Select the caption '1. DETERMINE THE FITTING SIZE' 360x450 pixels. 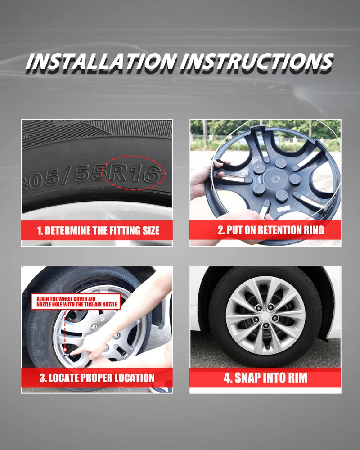tap(98, 231)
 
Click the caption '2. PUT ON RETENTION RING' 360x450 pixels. tap(271, 230)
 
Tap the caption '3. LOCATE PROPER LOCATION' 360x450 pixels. tap(97, 378)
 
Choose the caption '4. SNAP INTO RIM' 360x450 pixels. tap(265, 378)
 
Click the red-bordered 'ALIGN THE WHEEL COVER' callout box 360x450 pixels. tap(76, 301)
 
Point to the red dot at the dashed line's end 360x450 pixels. tap(65, 350)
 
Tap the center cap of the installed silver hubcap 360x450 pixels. tap(265, 316)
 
